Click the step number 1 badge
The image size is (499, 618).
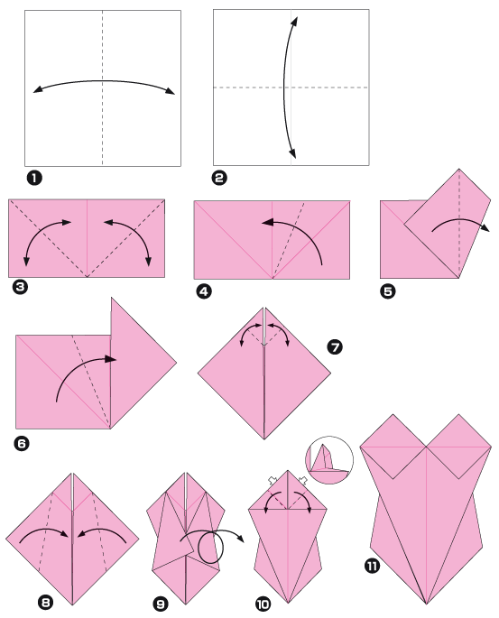tap(33, 178)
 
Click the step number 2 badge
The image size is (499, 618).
tap(219, 178)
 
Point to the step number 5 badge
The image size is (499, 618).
tap(390, 291)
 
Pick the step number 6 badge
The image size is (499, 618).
tap(23, 443)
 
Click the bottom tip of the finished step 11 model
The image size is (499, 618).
tap(423, 604)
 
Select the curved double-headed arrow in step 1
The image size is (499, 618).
tap(103, 83)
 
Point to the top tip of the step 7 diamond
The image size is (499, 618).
tap(263, 309)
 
